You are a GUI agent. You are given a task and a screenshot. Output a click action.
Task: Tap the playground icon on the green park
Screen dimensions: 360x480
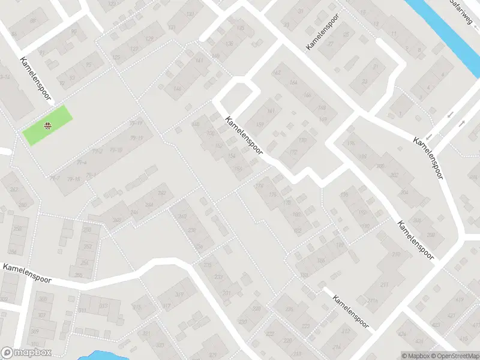pyautogui.click(x=47, y=125)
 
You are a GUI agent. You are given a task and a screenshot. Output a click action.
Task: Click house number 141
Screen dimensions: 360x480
pyautogui.click(x=199, y=61)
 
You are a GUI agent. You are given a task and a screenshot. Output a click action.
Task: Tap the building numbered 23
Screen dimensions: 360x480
pyautogui.click(x=364, y=82)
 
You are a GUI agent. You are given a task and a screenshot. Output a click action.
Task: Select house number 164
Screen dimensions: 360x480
pyautogui.click(x=293, y=82)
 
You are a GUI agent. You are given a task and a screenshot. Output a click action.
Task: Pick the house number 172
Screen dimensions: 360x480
pyautogui.click(x=293, y=152)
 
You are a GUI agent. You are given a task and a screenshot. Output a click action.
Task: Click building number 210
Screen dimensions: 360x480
pyautogui.click(x=395, y=254)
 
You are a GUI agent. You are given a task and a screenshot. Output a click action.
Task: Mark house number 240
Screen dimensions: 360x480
pyautogui.click(x=182, y=216)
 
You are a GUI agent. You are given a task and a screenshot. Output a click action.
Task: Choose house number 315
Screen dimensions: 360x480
pyautogui.click(x=136, y=307)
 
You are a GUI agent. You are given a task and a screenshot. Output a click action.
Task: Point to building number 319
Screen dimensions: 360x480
pyautogui.click(x=179, y=294)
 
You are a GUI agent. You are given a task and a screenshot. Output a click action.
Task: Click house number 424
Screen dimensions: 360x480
pyautogui.click(x=401, y=333)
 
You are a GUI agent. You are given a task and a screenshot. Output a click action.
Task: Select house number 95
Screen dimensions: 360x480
pyautogui.click(x=89, y=65)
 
